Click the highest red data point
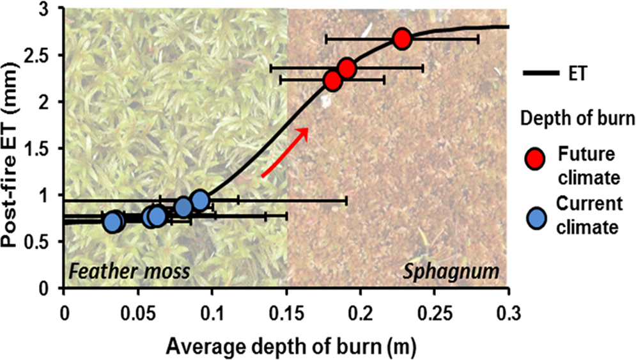pyautogui.click(x=401, y=38)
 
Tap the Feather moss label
pyautogui.click(x=130, y=271)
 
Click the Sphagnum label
pyautogui.click(x=451, y=271)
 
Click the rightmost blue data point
pyautogui.click(x=200, y=200)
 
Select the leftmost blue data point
pyautogui.click(x=113, y=222)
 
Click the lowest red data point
pyautogui.click(x=332, y=80)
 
